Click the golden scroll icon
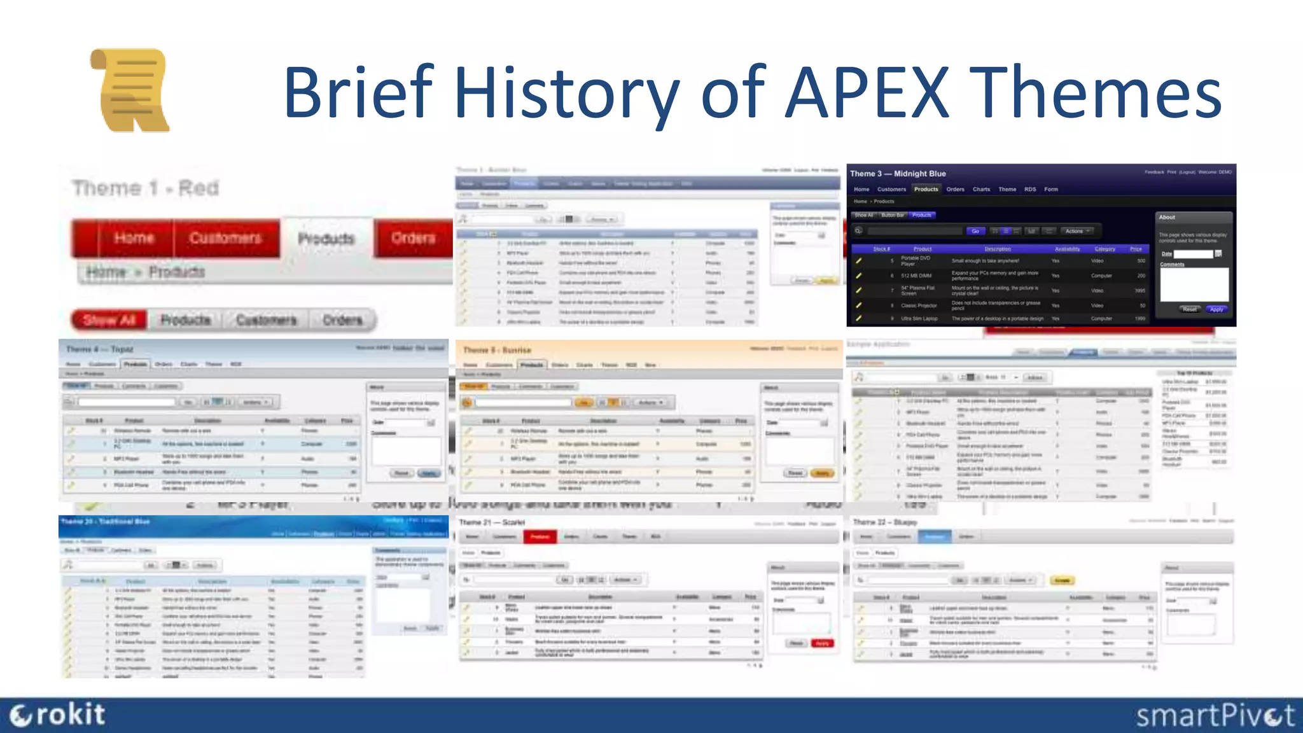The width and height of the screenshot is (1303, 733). [x=130, y=90]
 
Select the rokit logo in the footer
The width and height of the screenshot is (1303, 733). [x=57, y=715]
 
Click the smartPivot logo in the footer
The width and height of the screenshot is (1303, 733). [x=1215, y=715]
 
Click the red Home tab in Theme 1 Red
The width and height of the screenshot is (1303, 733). [x=134, y=238]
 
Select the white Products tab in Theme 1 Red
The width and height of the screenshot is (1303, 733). [x=326, y=239]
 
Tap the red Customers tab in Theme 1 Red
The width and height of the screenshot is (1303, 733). [x=225, y=238]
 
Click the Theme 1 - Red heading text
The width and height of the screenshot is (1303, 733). [x=145, y=188]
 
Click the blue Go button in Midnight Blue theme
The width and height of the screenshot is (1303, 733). [x=975, y=231]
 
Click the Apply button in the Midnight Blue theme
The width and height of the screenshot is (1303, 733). [x=1216, y=309]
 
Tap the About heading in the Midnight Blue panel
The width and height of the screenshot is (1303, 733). [x=1167, y=218]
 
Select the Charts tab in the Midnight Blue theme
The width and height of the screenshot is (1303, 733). [x=981, y=189]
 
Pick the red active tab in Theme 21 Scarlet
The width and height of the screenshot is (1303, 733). [x=540, y=537]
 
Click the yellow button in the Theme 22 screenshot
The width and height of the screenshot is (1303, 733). [x=1062, y=580]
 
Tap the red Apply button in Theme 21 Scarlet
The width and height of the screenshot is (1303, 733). [x=822, y=643]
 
